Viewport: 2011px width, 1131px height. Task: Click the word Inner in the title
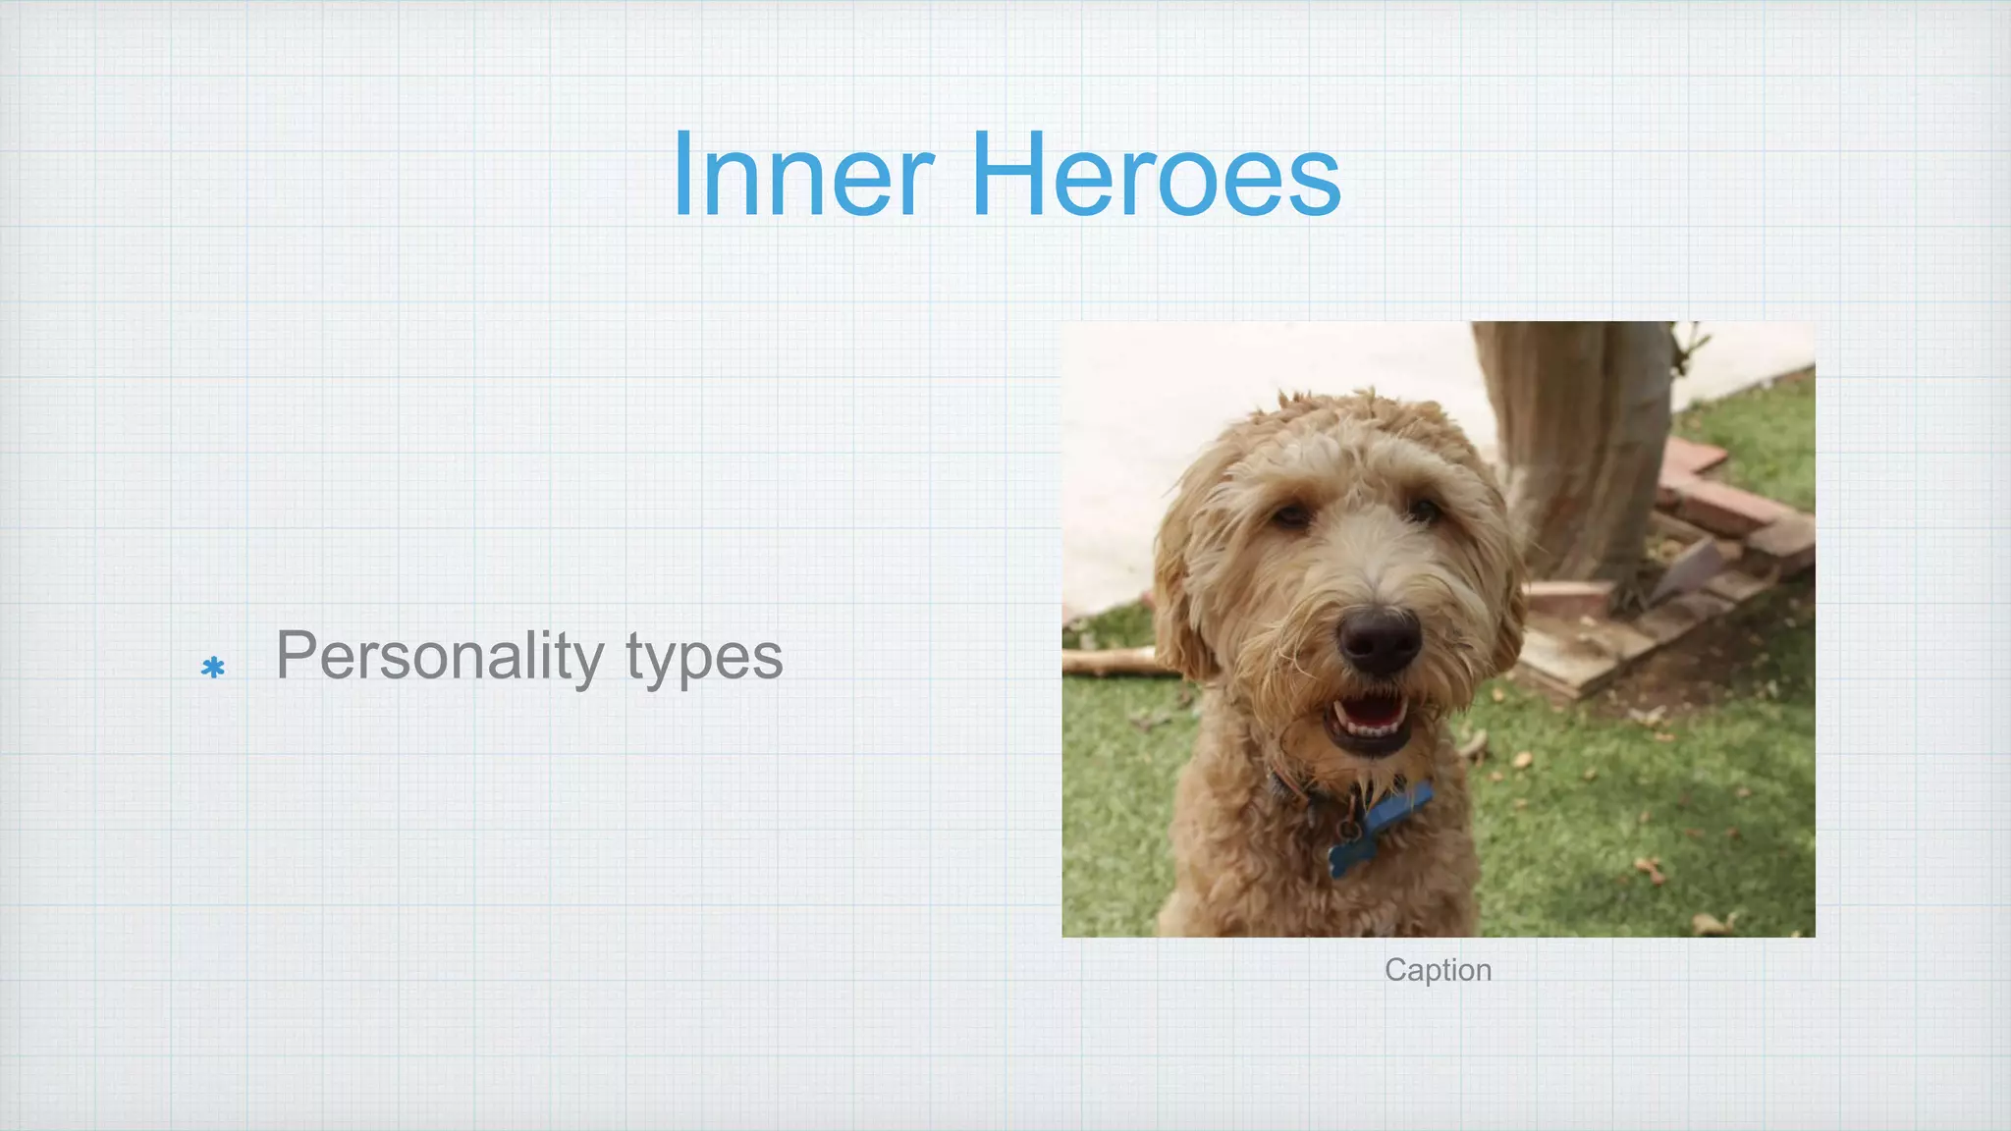coord(803,177)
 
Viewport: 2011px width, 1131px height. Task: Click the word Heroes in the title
coord(1156,177)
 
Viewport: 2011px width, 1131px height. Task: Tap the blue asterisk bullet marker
coord(213,669)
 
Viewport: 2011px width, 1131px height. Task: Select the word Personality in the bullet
coord(439,656)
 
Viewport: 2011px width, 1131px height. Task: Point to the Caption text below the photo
coord(1438,970)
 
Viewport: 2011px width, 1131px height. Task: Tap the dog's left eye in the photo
coord(1292,514)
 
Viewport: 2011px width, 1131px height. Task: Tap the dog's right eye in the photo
coord(1423,510)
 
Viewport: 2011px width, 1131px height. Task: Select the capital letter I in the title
coord(683,177)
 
